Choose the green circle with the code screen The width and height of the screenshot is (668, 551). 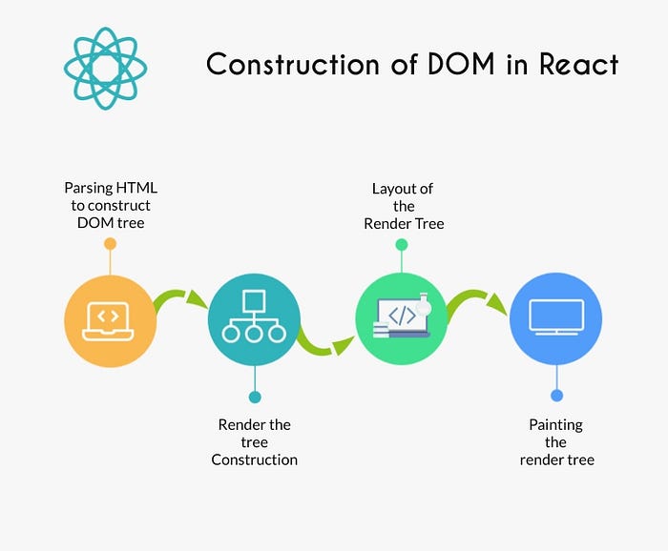[402, 318]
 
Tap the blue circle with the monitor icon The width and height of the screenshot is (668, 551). [556, 318]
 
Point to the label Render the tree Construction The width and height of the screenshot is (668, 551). [254, 441]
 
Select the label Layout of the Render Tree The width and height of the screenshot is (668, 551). [404, 205]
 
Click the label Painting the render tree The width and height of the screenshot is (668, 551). [556, 441]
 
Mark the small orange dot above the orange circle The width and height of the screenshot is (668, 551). [110, 245]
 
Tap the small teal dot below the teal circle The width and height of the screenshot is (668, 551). [254, 396]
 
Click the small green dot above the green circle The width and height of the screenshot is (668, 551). [402, 245]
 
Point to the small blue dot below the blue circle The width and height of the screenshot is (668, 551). [556, 395]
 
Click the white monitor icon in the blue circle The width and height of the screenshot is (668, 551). [556, 317]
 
